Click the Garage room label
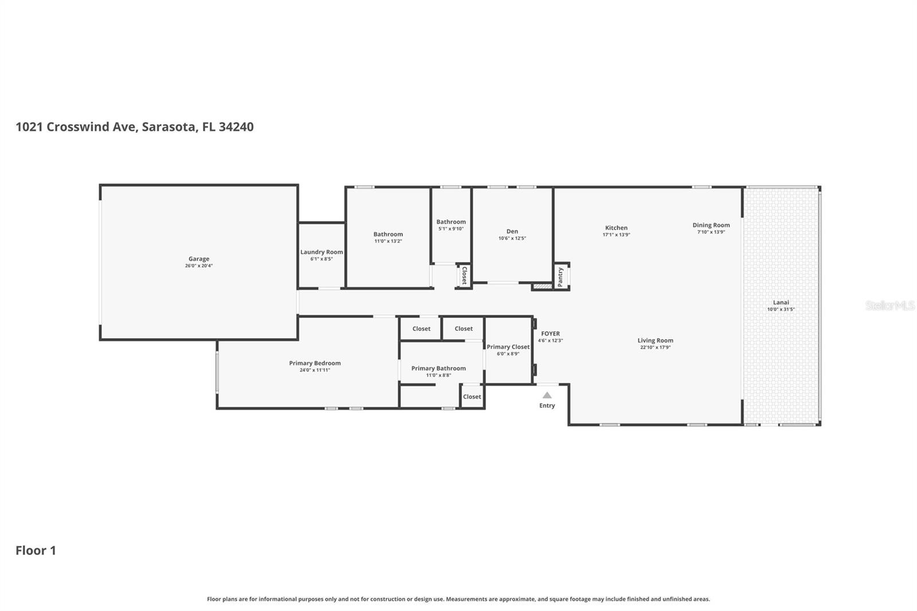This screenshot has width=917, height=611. point(199,259)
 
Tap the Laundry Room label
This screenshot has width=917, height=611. point(322,252)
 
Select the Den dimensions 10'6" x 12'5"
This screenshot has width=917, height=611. point(512,238)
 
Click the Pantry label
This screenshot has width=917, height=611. point(561,277)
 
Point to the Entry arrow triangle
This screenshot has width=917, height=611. point(547,395)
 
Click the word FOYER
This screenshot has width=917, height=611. point(550,334)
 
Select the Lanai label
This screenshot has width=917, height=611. point(781,303)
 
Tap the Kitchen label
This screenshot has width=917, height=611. point(616,228)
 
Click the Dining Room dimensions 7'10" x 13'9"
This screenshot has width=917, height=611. point(711,232)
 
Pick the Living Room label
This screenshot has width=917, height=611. point(655,340)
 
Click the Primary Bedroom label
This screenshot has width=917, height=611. point(315,363)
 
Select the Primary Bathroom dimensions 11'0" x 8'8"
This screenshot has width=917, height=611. point(438,375)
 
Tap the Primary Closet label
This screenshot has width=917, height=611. point(508,347)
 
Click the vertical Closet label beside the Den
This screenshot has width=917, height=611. point(464,276)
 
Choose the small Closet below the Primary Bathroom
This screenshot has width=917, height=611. point(472,397)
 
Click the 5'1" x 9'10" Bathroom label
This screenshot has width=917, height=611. point(451,222)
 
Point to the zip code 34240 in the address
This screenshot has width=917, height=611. point(236,127)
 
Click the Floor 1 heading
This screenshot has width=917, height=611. point(36,550)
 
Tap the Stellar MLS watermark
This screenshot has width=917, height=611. point(889,305)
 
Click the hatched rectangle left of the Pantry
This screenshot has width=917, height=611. point(542,285)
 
